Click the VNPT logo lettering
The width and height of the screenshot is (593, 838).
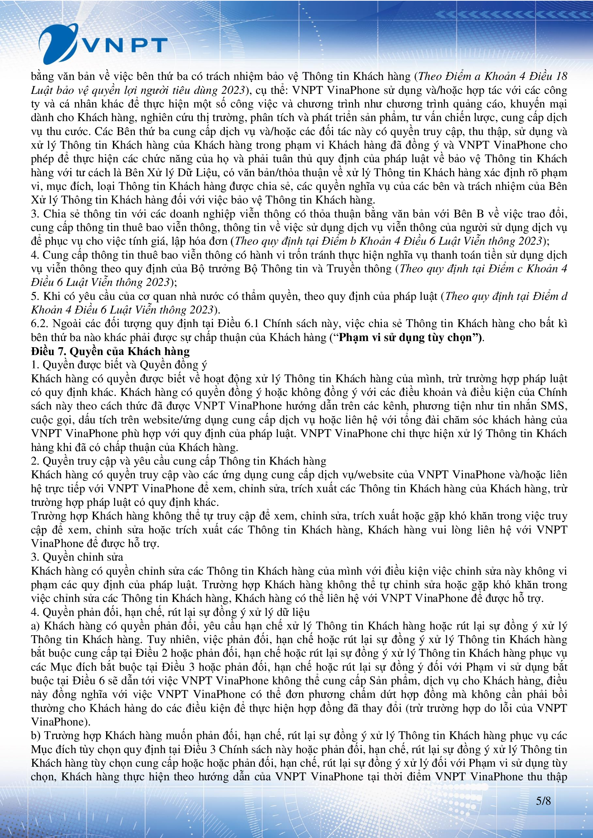(x=124, y=46)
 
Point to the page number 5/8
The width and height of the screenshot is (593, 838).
(x=543, y=801)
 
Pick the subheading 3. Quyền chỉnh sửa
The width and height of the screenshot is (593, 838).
(x=77, y=557)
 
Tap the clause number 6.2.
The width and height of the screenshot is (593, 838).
(x=40, y=324)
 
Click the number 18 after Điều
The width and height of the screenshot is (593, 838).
(x=561, y=76)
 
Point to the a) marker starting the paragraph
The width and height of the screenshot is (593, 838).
(x=35, y=626)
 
